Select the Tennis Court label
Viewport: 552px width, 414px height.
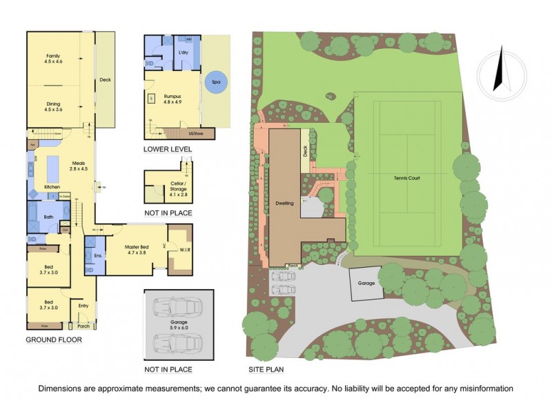point(407,177)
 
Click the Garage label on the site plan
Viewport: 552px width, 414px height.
point(366,284)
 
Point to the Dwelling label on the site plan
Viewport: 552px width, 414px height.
point(285,204)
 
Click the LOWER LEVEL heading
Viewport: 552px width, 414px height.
point(168,149)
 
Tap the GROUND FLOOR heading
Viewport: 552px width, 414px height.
point(54,340)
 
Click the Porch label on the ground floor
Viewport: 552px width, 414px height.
point(83,326)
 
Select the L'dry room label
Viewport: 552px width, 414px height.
point(184,53)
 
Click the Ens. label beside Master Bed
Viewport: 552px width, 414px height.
point(88,256)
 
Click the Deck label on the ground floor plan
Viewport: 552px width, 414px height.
point(105,79)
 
